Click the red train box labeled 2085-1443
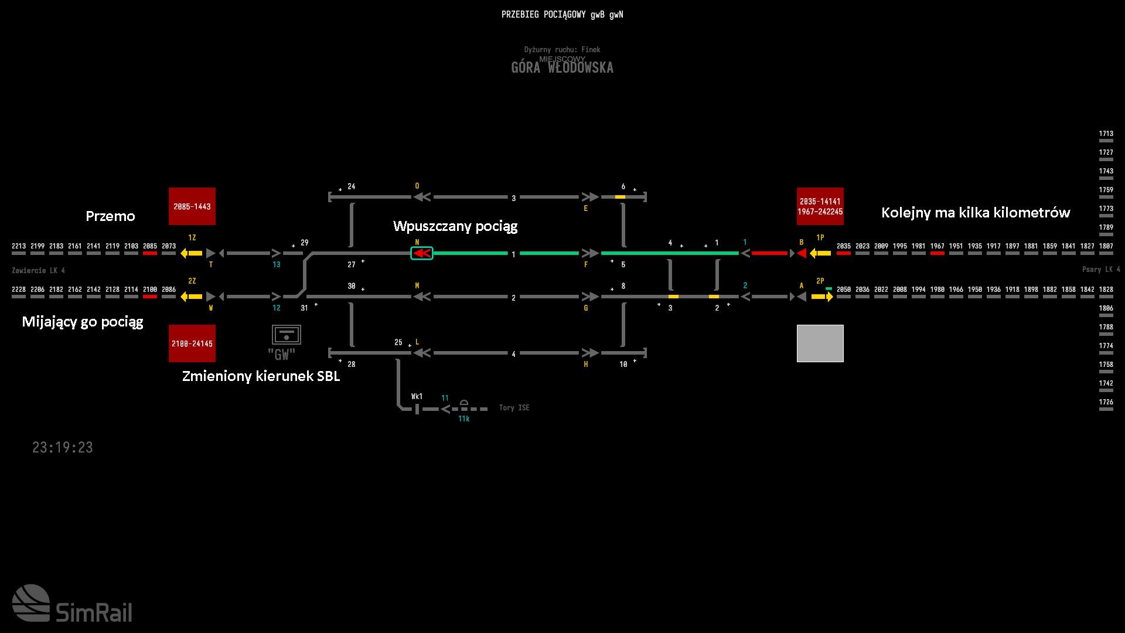pos(192,206)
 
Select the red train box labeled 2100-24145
pos(192,343)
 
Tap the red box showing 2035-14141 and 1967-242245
pos(820,206)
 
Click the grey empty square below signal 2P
pos(820,343)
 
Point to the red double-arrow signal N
pos(422,253)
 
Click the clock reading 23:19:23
pos(63,448)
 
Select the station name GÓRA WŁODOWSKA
pos(562,67)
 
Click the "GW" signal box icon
pos(286,336)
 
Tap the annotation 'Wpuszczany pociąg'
pos(455,226)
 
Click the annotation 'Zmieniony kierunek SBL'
pos(261,376)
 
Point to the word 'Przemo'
pos(110,216)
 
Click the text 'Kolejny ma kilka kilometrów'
pos(976,213)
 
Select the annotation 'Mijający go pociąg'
pos(83,322)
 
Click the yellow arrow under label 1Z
pos(192,253)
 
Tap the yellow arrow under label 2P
pos(821,297)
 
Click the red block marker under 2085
pos(150,253)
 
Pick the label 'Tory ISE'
pos(514,408)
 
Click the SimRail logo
pos(72,604)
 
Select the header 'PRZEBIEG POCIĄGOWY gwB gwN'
pos(562,15)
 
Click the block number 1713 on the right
pos(1106,134)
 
